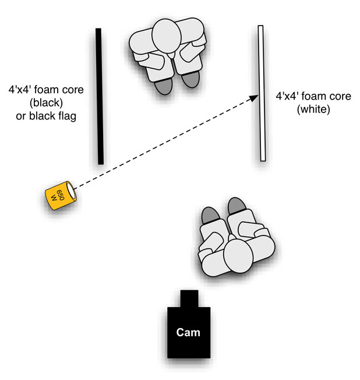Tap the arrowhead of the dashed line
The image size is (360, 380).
pyautogui.click(x=255, y=97)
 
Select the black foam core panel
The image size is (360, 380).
pyautogui.click(x=100, y=96)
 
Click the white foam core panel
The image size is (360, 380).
pyautogui.click(x=262, y=93)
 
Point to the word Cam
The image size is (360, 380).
pyautogui.click(x=188, y=333)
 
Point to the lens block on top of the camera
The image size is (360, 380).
pyautogui.click(x=188, y=298)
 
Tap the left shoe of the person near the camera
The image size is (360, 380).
pyautogui.click(x=210, y=216)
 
